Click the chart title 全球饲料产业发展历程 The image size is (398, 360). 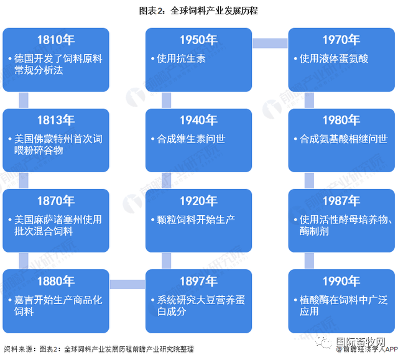pos(198,11)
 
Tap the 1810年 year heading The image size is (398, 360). pos(56,40)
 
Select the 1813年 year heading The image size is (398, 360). pos(56,120)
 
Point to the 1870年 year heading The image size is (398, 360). pos(56,201)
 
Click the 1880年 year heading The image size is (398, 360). pos(56,281)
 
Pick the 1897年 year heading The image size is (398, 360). pos(198,281)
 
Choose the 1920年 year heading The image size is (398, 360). pos(198,201)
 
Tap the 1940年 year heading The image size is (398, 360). pos(198,120)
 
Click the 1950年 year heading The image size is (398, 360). pos(198,40)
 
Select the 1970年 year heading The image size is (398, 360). pos(341,40)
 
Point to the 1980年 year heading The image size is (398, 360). pos(341,120)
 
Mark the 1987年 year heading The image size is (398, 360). pos(341,201)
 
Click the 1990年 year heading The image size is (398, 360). pos(341,281)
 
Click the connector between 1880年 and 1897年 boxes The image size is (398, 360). pos(127,284)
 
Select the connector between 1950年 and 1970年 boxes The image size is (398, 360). pos(270,43)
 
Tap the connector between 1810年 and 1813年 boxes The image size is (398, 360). pos(24,100)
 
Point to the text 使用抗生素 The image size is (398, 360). pos(181,58)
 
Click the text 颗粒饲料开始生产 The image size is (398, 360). pos(196,219)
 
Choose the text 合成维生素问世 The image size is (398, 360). pos(191,139)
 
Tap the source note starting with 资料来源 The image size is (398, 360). pos(99,349)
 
